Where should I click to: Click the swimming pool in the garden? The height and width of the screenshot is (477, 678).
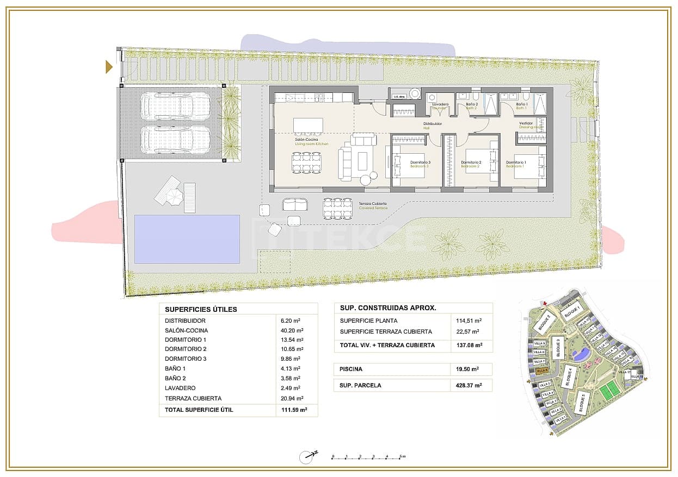pos(187,239)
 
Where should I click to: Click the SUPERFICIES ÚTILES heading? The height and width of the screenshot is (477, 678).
pos(201,309)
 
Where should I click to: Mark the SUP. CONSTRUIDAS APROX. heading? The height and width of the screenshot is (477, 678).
pos(388,307)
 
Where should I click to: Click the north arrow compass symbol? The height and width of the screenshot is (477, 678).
pos(308,457)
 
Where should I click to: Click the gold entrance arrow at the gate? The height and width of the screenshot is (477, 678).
pos(109,67)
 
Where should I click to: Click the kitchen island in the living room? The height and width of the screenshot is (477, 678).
pos(308,125)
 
